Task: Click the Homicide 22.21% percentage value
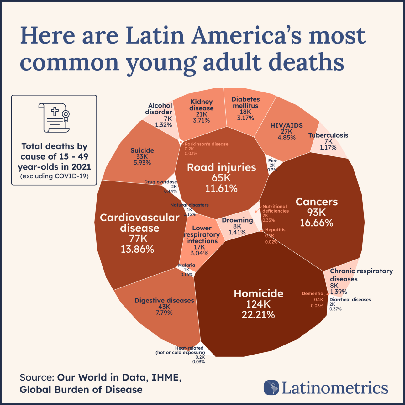click(258, 315)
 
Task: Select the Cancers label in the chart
click(317, 202)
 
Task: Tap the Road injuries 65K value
click(221, 178)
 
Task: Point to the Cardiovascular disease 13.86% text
click(137, 249)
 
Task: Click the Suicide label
click(142, 150)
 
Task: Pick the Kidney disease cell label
click(201, 105)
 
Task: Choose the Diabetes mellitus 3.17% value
click(245, 118)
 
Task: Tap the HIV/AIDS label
click(287, 125)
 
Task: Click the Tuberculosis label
click(328, 135)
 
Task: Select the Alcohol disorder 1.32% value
click(163, 125)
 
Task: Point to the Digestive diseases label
click(164, 301)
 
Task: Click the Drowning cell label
click(237, 220)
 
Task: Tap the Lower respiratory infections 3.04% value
click(199, 253)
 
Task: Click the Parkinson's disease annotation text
click(206, 144)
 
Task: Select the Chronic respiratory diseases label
click(361, 275)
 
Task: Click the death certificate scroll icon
click(54, 118)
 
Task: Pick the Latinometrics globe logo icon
click(271, 387)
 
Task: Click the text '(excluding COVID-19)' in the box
click(54, 176)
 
